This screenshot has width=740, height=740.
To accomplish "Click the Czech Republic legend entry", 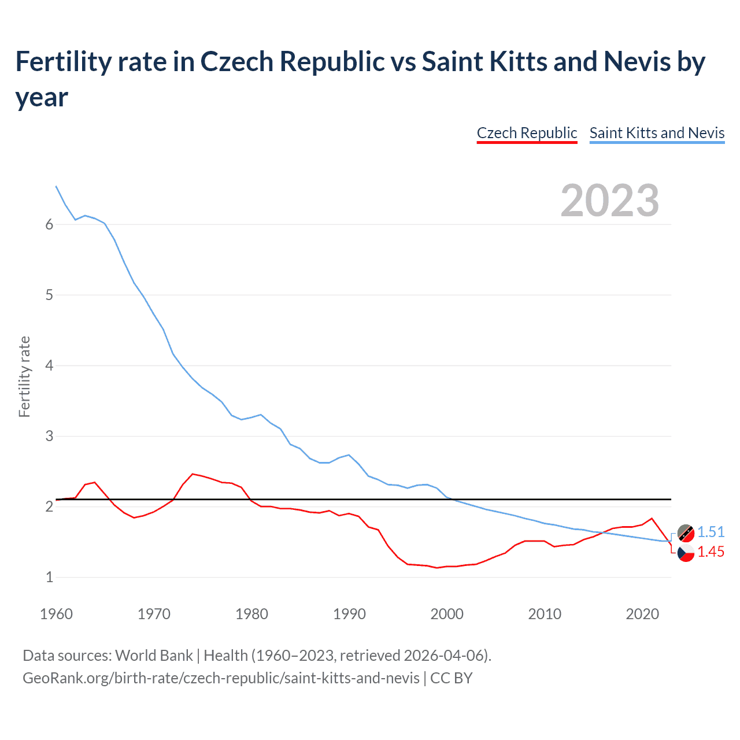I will tap(527, 133).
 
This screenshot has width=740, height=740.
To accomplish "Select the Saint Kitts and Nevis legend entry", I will tap(657, 133).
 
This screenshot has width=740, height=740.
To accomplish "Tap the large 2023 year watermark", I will tap(610, 200).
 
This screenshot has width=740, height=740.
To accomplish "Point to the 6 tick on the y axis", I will tap(49, 225).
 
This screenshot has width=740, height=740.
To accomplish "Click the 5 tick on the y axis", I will tap(49, 295).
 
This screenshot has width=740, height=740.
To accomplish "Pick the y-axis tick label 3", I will tap(49, 436).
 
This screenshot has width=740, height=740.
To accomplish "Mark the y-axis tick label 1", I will tap(49, 577).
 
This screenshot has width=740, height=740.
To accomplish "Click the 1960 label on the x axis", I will tap(56, 614).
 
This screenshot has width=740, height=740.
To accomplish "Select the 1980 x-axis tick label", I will tap(251, 614).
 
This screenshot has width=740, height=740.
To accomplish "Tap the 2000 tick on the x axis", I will tap(447, 614).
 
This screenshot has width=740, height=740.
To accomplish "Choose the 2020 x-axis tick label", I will tap(642, 614).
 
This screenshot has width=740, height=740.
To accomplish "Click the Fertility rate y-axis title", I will tap(24, 376).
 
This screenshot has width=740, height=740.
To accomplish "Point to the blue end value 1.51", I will tap(711, 532).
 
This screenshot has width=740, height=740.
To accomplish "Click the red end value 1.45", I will tap(711, 552).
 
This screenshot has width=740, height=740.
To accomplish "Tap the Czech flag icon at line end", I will tap(686, 553).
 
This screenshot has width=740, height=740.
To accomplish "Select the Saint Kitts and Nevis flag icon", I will tap(686, 533).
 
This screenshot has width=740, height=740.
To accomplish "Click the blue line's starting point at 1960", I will tap(56, 186).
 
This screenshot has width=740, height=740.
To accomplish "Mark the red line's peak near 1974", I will tap(193, 473).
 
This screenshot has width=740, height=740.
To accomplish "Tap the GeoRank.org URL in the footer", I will tap(221, 678).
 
